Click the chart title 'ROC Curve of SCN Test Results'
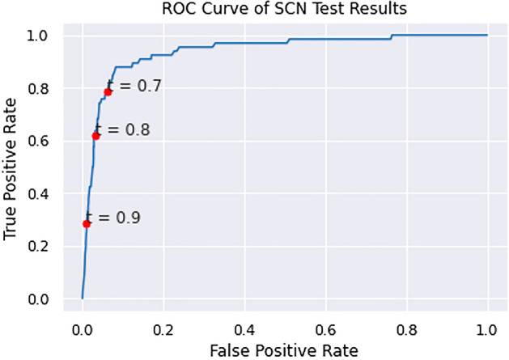pyautogui.click(x=284, y=9)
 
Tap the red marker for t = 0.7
pyautogui.click(x=108, y=92)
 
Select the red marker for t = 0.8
pyautogui.click(x=95, y=136)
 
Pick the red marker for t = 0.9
pyautogui.click(x=87, y=223)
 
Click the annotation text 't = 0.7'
pyautogui.click(x=134, y=86)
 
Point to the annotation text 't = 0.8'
pyautogui.click(x=122, y=129)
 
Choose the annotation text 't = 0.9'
pyautogui.click(x=113, y=218)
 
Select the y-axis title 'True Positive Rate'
pyautogui.click(x=11, y=167)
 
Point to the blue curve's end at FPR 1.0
pyautogui.click(x=487, y=35)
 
